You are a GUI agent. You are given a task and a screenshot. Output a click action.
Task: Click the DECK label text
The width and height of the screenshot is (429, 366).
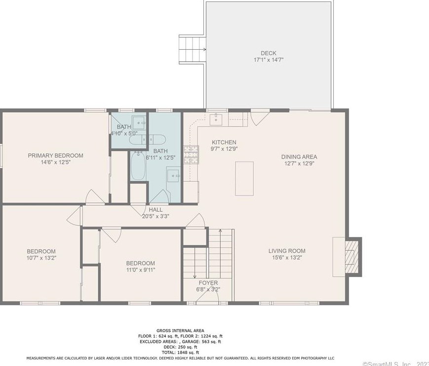coord(269,53)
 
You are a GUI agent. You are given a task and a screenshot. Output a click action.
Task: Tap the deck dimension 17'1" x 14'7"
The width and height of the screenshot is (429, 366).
coord(269,60)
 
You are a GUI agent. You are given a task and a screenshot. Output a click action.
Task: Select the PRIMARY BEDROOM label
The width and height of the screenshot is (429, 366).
coord(55,156)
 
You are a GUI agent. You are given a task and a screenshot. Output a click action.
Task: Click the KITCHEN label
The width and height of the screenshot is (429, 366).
coord(224,142)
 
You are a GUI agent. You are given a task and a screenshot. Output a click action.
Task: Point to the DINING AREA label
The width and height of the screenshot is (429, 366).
coord(299,157)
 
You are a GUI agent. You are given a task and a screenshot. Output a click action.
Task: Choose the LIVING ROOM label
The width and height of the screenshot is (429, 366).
coord(287,251)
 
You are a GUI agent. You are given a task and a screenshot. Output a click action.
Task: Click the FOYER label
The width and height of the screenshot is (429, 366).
coord(208,283)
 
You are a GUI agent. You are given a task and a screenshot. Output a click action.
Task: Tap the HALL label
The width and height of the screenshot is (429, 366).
coord(156,210)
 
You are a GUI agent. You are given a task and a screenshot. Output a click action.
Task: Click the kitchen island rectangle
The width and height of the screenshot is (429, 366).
coord(244,178)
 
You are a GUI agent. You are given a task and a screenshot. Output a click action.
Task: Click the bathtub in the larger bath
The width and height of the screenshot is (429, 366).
coord(138,166)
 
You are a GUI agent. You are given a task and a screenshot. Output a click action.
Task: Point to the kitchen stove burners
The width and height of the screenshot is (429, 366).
coord(190,155)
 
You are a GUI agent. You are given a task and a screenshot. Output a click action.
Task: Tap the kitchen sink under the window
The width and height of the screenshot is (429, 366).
coord(216,119)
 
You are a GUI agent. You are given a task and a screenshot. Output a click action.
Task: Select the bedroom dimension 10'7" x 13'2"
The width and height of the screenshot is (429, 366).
coord(41,258)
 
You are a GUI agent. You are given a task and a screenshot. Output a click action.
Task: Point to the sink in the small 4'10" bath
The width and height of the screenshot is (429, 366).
coord(139,121)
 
